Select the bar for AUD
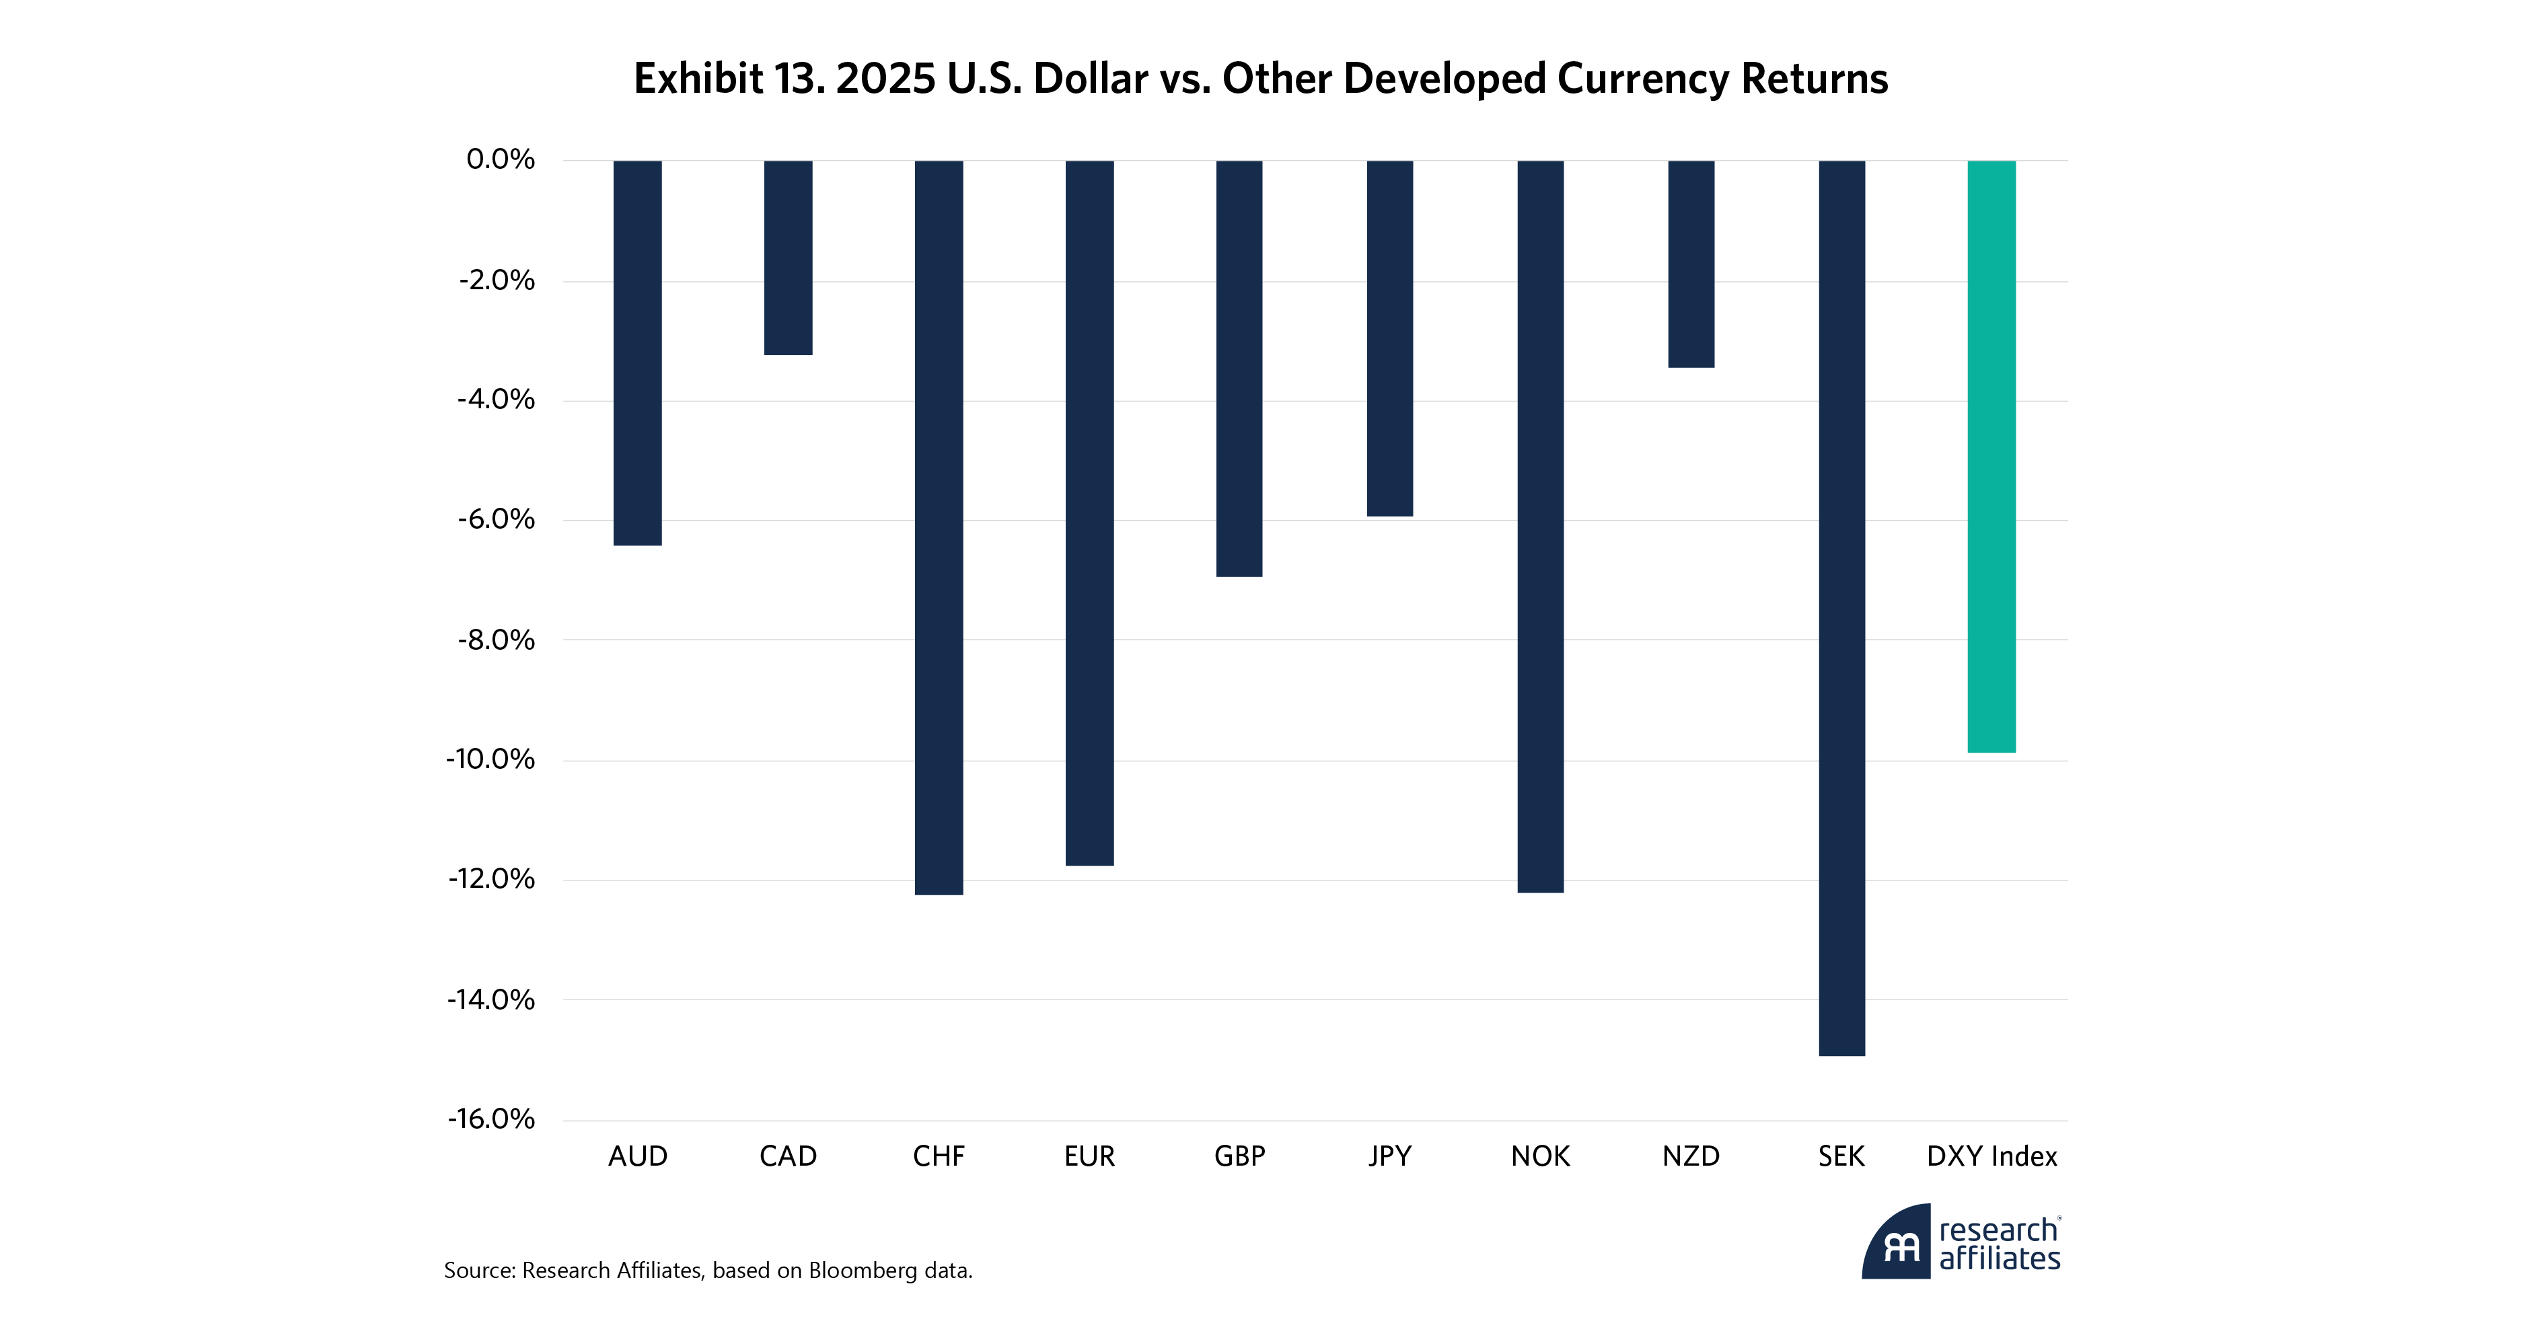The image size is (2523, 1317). [638, 352]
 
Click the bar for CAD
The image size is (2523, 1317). [789, 258]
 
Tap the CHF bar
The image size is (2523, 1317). [939, 527]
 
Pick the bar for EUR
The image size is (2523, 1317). [1089, 512]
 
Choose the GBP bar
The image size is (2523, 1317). [1239, 368]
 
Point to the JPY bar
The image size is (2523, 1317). [1390, 338]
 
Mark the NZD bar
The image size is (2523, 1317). [1691, 264]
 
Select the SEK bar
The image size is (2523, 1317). [1841, 607]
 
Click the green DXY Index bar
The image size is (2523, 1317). [1992, 456]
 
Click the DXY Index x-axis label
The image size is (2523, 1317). [1991, 1156]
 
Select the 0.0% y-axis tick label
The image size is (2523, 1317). [501, 159]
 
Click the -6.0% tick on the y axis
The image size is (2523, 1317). [497, 520]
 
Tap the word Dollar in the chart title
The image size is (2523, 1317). [1090, 78]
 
